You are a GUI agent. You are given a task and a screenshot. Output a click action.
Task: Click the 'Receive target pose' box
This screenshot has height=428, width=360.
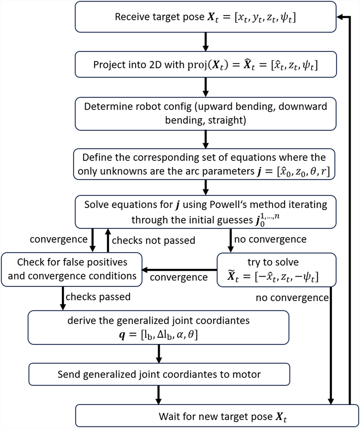(x=205, y=17)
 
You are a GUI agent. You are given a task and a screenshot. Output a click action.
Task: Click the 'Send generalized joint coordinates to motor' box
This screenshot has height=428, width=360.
(x=159, y=374)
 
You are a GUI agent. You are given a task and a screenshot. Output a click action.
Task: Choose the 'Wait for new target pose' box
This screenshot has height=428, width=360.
(x=217, y=416)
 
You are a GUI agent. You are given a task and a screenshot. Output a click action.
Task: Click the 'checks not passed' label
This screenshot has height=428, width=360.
(x=153, y=241)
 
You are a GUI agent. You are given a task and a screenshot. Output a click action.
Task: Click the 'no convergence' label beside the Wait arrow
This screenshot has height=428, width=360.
(x=292, y=298)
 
